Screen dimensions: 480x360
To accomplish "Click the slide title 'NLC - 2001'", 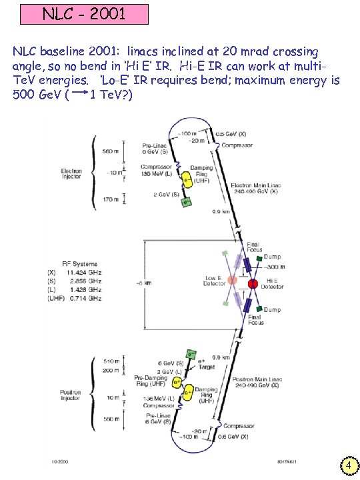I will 84,13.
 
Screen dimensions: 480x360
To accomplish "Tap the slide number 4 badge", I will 349,465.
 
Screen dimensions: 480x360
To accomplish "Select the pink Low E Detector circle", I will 229,280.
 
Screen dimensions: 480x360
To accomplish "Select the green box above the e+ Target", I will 191,354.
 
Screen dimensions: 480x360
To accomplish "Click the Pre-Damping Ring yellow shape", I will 177,382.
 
